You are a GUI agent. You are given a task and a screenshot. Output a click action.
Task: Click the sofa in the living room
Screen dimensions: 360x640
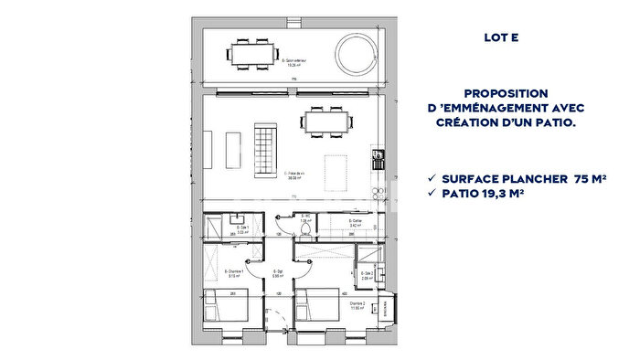(x=264, y=152)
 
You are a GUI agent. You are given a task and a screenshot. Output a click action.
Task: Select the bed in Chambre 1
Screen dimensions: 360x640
(x=225, y=306)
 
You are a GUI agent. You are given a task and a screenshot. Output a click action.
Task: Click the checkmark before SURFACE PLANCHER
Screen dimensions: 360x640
(x=431, y=178)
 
